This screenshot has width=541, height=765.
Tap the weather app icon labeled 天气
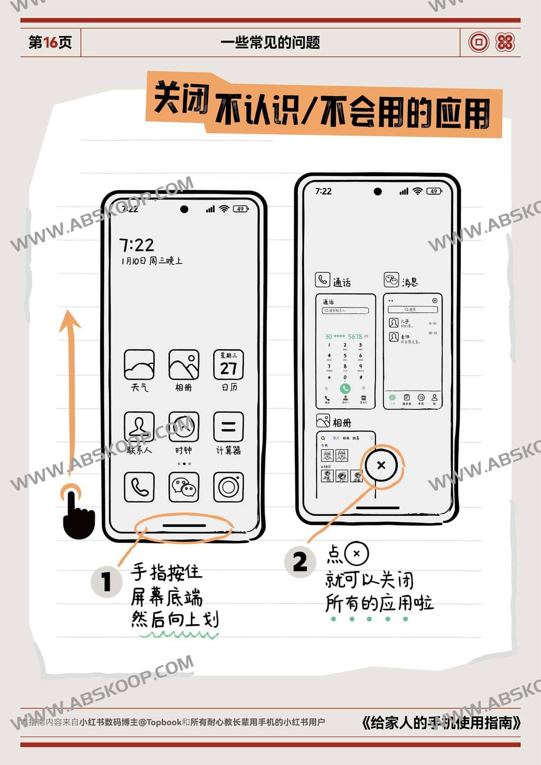pyautogui.click(x=139, y=365)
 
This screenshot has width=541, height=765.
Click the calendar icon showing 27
pyautogui.click(x=228, y=365)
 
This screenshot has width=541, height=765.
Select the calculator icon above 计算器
pyautogui.click(x=228, y=426)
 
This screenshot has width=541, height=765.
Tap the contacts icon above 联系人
pyautogui.click(x=139, y=426)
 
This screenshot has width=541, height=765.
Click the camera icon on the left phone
pyautogui.click(x=228, y=487)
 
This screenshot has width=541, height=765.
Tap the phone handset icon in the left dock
pyautogui.click(x=139, y=487)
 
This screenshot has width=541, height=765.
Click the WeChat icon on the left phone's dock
pyautogui.click(x=183, y=487)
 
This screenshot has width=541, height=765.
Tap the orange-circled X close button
pyautogui.click(x=381, y=465)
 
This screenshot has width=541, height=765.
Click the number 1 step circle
pyautogui.click(x=106, y=582)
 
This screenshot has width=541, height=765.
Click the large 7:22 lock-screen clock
pyautogui.click(x=137, y=245)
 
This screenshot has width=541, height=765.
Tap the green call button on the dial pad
pyautogui.click(x=345, y=388)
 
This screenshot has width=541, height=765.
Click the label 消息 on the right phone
pyautogui.click(x=410, y=282)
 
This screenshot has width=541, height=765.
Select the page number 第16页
pyautogui.click(x=50, y=42)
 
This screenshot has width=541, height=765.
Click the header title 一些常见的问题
pyautogui.click(x=270, y=42)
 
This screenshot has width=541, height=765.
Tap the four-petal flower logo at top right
pyautogui.click(x=505, y=42)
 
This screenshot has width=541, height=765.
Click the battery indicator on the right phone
pyautogui.click(x=434, y=191)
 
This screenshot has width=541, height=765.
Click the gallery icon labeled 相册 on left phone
pyautogui.click(x=183, y=365)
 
